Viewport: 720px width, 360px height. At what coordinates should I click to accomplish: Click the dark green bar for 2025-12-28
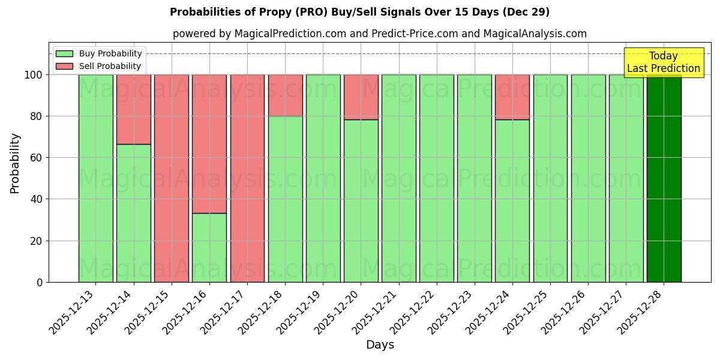[x=664, y=178]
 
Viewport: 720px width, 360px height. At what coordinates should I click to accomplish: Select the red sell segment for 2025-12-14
[x=133, y=109]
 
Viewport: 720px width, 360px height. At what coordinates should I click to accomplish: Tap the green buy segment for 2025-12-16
[x=209, y=247]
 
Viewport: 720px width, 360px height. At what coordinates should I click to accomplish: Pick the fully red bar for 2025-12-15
[x=172, y=178]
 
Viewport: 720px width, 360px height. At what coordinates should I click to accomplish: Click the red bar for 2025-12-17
[x=247, y=178]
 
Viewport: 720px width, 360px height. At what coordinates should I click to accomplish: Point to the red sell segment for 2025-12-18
[x=285, y=95]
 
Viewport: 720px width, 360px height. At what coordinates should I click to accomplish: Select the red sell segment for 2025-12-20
[x=361, y=97]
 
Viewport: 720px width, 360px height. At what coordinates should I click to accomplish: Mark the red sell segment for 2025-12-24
[x=512, y=97]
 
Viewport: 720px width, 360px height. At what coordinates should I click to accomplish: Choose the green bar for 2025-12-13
[x=95, y=178]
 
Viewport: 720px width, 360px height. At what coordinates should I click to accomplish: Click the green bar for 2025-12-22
[x=437, y=178]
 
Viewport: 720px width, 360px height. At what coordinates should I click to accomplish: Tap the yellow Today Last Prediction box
[x=663, y=62]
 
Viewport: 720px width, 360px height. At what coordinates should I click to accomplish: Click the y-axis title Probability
[x=15, y=163]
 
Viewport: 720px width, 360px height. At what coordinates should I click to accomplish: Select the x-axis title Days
[x=380, y=345]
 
